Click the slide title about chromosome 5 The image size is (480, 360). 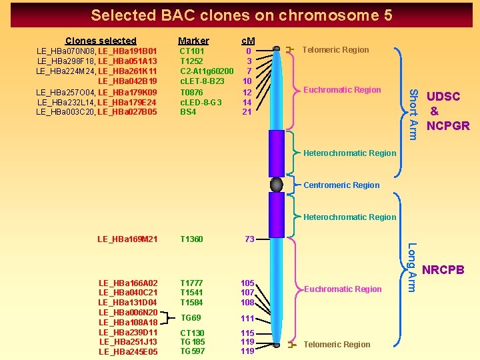tap(241, 15)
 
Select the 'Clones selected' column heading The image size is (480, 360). tap(101, 41)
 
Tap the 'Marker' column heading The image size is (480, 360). tap(193, 41)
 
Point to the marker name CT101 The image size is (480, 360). tap(193, 51)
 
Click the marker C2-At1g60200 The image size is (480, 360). tap(207, 71)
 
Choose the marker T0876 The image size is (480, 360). tap(193, 92)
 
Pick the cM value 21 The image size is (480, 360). tap(247, 112)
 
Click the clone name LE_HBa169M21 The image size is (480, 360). tap(127, 239)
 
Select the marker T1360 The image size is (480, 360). tap(192, 239)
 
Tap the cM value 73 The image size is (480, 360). tap(249, 239)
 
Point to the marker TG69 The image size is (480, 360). tap(191, 318)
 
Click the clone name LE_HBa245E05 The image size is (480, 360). tap(129, 352)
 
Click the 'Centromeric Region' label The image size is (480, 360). tap(341, 185)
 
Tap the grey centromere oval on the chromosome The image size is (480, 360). tap(277, 185)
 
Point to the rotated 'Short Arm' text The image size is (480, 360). tap(413, 115)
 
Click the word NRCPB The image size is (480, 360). tap(443, 270)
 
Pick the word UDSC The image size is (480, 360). tap(443, 97)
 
